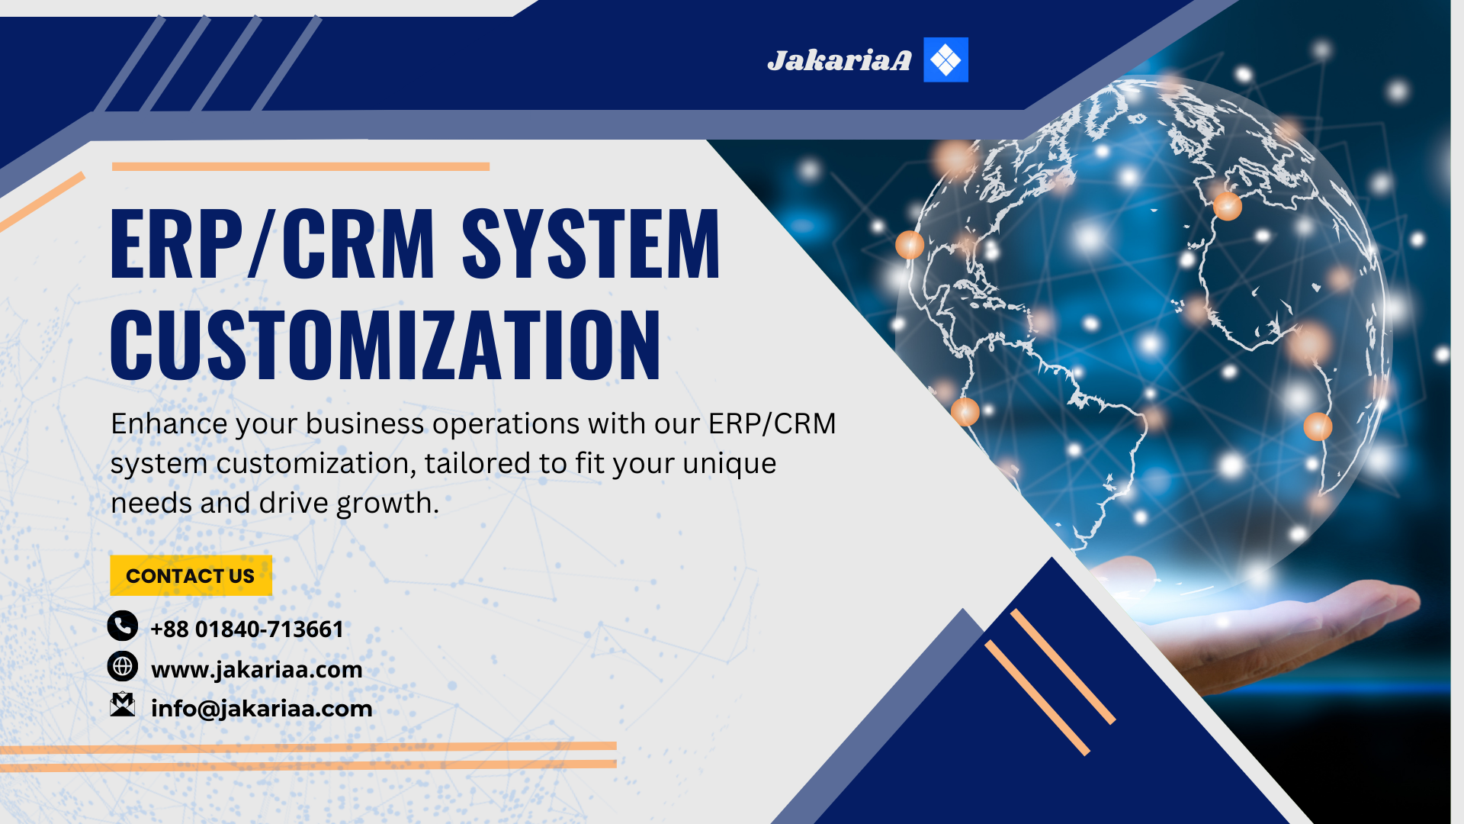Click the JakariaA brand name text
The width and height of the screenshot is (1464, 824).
point(839,60)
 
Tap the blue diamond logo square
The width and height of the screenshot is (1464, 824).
point(945,60)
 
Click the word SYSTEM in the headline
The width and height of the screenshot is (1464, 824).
point(591,244)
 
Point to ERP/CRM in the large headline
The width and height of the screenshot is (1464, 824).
point(272,244)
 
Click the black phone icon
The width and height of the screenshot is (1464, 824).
point(122,626)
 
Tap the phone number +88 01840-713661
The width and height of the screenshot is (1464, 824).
point(247,629)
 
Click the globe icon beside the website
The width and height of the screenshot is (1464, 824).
point(122,666)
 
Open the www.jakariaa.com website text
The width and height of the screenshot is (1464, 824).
point(257,670)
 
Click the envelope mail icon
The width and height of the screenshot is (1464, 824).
point(122,705)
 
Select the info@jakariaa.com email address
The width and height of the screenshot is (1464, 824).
point(262,709)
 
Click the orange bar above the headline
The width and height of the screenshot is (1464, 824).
point(300,166)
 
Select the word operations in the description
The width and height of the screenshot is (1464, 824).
point(506,425)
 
